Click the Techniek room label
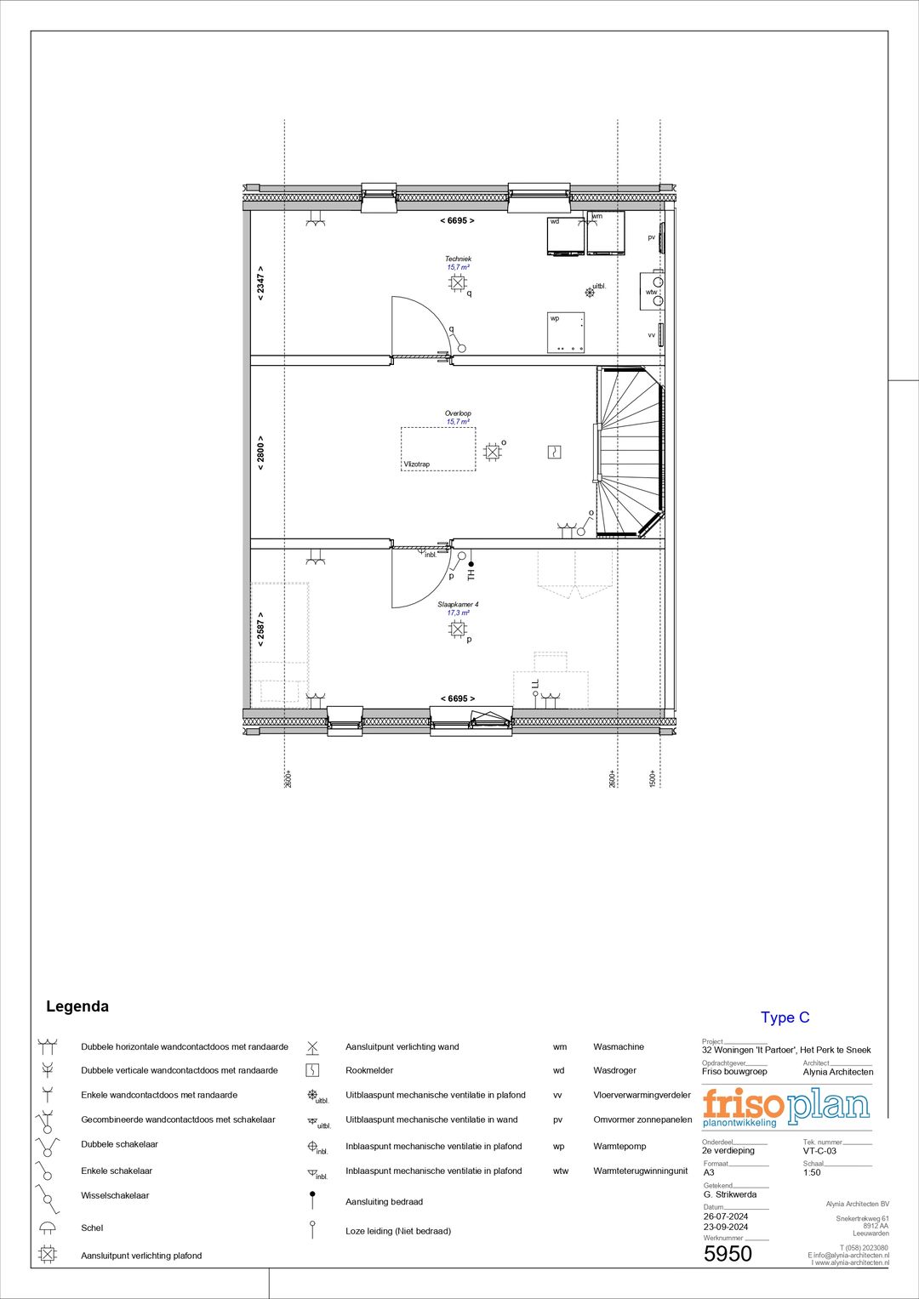[x=458, y=259]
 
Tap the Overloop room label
[x=458, y=413]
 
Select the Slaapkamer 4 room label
[x=458, y=605]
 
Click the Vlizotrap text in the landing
[x=417, y=464]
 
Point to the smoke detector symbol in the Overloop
[x=554, y=452]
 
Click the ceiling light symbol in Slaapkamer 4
[x=458, y=630]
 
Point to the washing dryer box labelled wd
[x=565, y=236]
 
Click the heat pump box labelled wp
[x=566, y=333]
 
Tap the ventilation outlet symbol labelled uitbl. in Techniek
[x=590, y=292]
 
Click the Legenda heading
[x=77, y=1006]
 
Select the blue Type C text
[x=785, y=1017]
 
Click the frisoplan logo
[x=785, y=1106]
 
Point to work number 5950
[x=728, y=1254]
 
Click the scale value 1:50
[x=812, y=1172]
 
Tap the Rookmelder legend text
[x=369, y=1070]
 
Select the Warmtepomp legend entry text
[x=619, y=1146]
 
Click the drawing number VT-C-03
[x=819, y=1151]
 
